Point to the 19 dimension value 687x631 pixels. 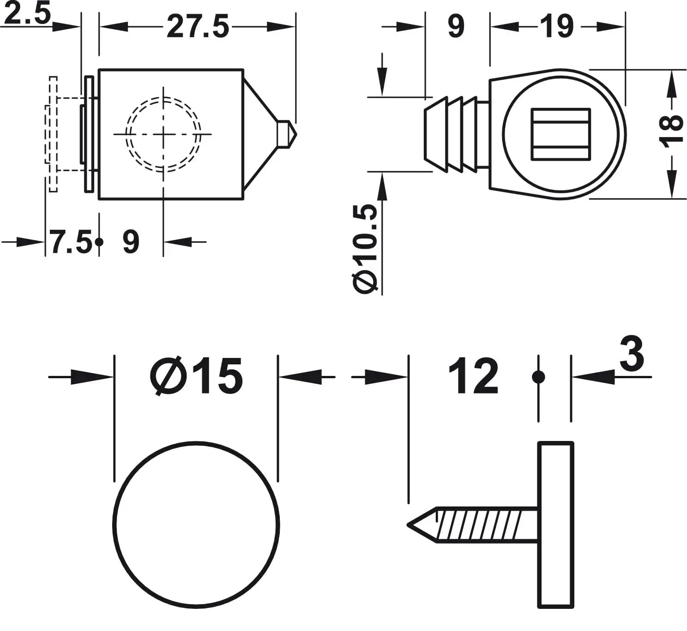coord(557,26)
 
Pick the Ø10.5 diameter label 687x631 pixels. coord(365,249)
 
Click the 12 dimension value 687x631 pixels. coord(473,376)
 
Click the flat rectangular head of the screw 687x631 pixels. coord(555,525)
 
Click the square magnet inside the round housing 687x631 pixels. coord(560,134)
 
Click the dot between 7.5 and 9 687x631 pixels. coord(99,242)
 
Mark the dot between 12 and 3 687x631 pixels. coord(538,377)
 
